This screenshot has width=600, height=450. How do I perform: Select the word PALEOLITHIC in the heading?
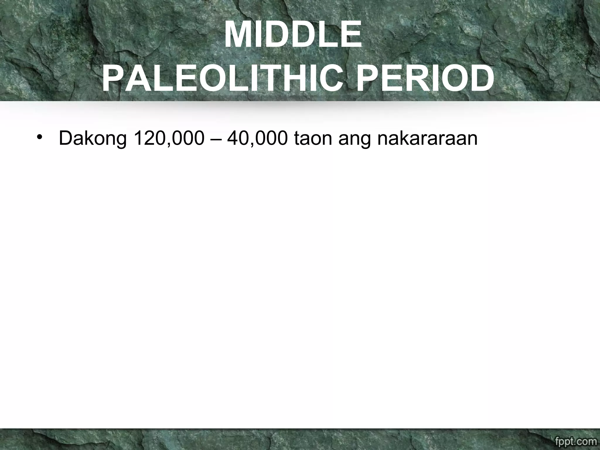point(222,79)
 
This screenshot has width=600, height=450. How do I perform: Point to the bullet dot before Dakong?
point(39,137)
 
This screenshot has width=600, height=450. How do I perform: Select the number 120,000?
point(168,138)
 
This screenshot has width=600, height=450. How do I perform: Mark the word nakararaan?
point(427,138)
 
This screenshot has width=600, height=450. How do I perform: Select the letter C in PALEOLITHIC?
point(330,79)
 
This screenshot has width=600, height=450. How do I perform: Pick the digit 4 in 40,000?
point(233,138)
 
